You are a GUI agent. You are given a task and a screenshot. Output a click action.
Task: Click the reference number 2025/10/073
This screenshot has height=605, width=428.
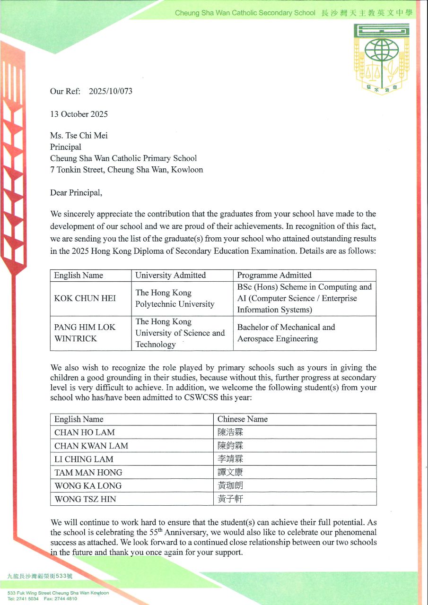(111, 91)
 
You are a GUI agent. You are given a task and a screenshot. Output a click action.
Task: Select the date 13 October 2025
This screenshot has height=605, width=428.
(79, 114)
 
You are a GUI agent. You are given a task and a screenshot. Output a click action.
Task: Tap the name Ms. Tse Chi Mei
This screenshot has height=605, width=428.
(79, 136)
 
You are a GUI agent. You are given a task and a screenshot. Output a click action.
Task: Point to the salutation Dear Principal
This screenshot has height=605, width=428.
(76, 192)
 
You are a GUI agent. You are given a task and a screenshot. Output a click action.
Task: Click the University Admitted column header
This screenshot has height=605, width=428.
(170, 275)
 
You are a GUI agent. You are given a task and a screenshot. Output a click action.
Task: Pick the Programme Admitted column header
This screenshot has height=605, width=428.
(274, 275)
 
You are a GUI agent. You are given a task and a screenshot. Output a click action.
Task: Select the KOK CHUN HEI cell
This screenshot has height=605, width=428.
(85, 298)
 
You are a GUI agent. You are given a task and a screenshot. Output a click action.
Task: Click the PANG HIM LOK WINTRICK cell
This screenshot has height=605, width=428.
(85, 333)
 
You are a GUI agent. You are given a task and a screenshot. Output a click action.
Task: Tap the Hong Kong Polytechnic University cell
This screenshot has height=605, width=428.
(175, 298)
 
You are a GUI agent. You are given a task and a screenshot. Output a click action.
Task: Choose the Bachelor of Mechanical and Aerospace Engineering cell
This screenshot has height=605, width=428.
(286, 333)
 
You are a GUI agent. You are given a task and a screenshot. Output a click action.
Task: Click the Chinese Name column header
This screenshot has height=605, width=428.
(242, 419)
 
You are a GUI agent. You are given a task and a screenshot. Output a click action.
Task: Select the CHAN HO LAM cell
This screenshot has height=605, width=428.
(85, 432)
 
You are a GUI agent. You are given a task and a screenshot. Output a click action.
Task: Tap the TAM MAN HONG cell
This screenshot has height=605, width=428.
(88, 472)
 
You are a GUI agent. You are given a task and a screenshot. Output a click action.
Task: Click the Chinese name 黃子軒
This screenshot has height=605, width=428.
(230, 499)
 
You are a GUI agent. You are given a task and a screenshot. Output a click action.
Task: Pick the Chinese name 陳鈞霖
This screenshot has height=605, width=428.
(230, 446)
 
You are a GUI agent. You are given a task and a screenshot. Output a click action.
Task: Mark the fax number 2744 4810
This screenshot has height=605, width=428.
(65, 599)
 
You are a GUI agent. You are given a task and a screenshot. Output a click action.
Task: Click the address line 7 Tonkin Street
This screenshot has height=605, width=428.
(127, 170)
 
